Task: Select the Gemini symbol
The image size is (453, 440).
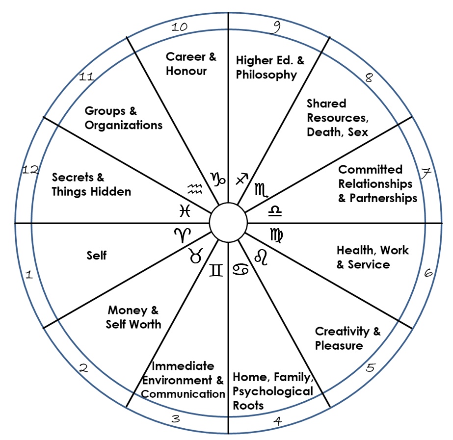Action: pos(216,270)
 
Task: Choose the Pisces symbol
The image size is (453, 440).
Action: pos(185,210)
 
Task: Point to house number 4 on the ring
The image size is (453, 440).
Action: pos(278,421)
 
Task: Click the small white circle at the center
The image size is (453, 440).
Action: pos(228,223)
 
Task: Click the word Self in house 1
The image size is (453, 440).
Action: pos(96,256)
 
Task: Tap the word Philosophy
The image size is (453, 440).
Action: pos(266,75)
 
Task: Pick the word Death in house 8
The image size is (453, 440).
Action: pos(322,131)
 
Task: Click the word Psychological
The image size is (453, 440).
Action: pos(272,392)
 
